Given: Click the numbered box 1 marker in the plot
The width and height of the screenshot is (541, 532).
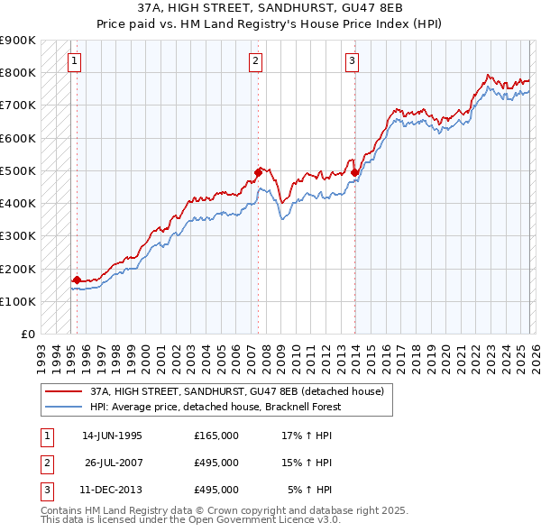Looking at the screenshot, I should click(x=73, y=61).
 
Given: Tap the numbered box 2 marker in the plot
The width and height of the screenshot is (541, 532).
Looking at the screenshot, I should click(x=256, y=61).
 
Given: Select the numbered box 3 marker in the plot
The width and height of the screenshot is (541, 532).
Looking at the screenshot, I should click(x=352, y=61).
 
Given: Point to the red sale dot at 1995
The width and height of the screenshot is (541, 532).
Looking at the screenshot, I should click(x=77, y=280).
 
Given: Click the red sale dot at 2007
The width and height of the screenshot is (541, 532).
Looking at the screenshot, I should click(x=258, y=171).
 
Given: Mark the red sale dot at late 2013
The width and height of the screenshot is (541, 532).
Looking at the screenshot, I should click(x=354, y=171).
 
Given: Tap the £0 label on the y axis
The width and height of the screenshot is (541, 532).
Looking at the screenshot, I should click(x=27, y=335).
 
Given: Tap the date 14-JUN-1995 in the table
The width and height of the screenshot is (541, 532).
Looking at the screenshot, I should click(x=112, y=436).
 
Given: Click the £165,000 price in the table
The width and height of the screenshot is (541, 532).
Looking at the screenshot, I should click(x=216, y=436).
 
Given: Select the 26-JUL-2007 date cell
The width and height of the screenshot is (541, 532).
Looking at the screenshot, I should click(x=114, y=463).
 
